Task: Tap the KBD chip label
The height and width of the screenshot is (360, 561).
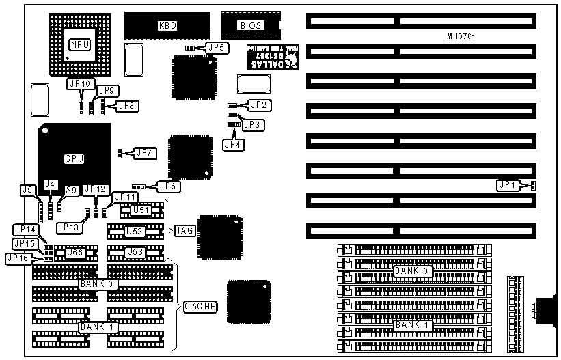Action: (166, 26)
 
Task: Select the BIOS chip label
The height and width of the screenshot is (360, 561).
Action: (247, 26)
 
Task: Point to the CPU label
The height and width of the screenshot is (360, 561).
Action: (74, 158)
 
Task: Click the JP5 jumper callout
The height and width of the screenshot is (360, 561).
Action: (216, 48)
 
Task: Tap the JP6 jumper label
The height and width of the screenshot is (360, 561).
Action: (168, 186)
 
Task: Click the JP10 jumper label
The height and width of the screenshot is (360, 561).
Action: (78, 83)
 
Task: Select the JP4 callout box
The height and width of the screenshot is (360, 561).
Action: (231, 144)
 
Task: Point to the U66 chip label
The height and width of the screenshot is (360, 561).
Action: (74, 253)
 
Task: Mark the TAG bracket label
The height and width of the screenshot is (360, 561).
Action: (185, 231)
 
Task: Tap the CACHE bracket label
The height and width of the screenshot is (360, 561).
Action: (200, 307)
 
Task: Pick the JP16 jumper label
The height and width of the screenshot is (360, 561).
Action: (16, 258)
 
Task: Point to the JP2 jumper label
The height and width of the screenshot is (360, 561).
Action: (259, 105)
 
